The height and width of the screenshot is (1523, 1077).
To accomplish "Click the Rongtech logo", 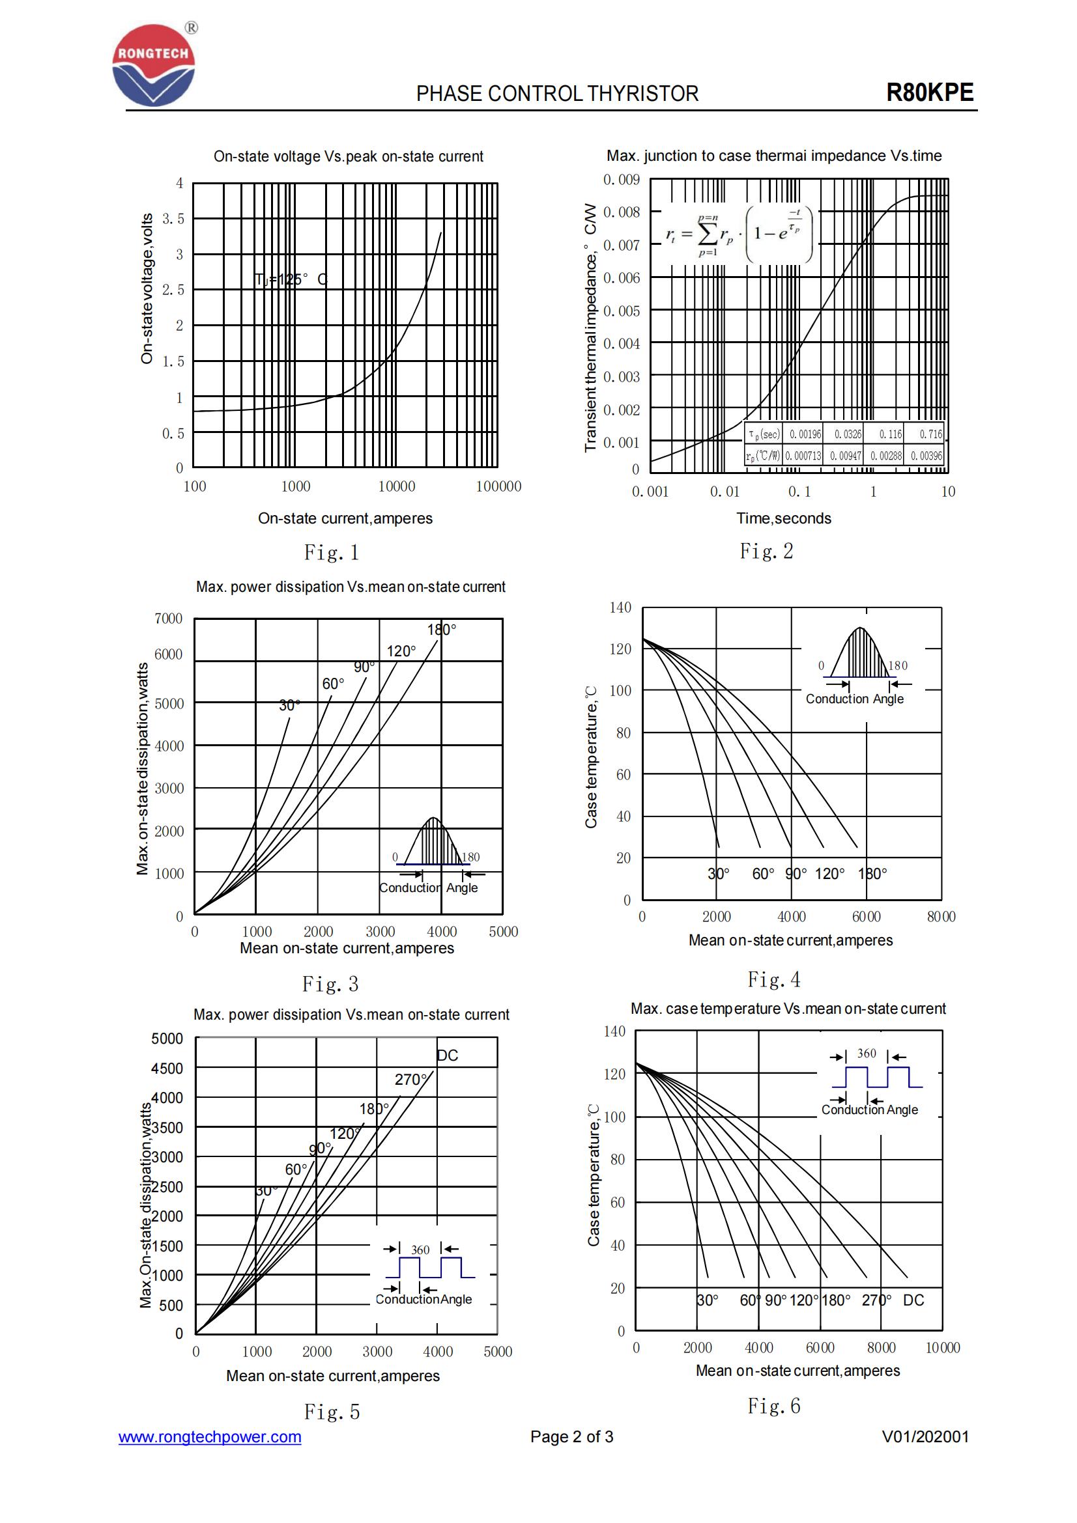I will pos(154,65).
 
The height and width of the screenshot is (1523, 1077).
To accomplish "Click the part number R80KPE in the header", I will pos(929,93).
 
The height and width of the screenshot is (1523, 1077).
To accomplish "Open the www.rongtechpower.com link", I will pos(210,1437).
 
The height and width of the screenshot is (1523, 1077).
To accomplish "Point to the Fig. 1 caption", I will pos(331,552).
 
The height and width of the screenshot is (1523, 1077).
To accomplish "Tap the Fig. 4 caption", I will pos(774,979).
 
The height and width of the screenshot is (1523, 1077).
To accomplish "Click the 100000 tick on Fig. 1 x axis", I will pos(498,486).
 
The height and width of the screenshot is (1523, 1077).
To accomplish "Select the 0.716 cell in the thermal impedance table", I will pos(930,434).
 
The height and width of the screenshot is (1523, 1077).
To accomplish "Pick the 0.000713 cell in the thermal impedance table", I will pos(803,456).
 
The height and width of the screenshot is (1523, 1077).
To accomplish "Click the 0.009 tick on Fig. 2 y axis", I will pos(621,180).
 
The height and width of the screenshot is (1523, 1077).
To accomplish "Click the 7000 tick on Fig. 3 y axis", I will pos(168,618).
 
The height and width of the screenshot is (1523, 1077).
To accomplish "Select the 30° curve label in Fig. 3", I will pos(289,705).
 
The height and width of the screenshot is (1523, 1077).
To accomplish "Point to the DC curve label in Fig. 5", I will pos(447,1055).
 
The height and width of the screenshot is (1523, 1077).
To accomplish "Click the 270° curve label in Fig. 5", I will pos(410,1079).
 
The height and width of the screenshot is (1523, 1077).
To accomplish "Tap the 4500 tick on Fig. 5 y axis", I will pos(167,1068).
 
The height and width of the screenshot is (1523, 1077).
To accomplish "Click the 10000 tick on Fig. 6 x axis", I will pos(942,1347).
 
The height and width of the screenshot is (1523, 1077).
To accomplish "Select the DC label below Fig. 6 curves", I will pos(913,1300).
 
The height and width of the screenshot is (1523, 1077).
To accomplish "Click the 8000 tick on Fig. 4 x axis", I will pos(941,916).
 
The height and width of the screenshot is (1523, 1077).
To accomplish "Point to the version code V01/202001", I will pos(925,1437).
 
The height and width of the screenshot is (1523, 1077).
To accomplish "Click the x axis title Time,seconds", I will pos(783,518).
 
